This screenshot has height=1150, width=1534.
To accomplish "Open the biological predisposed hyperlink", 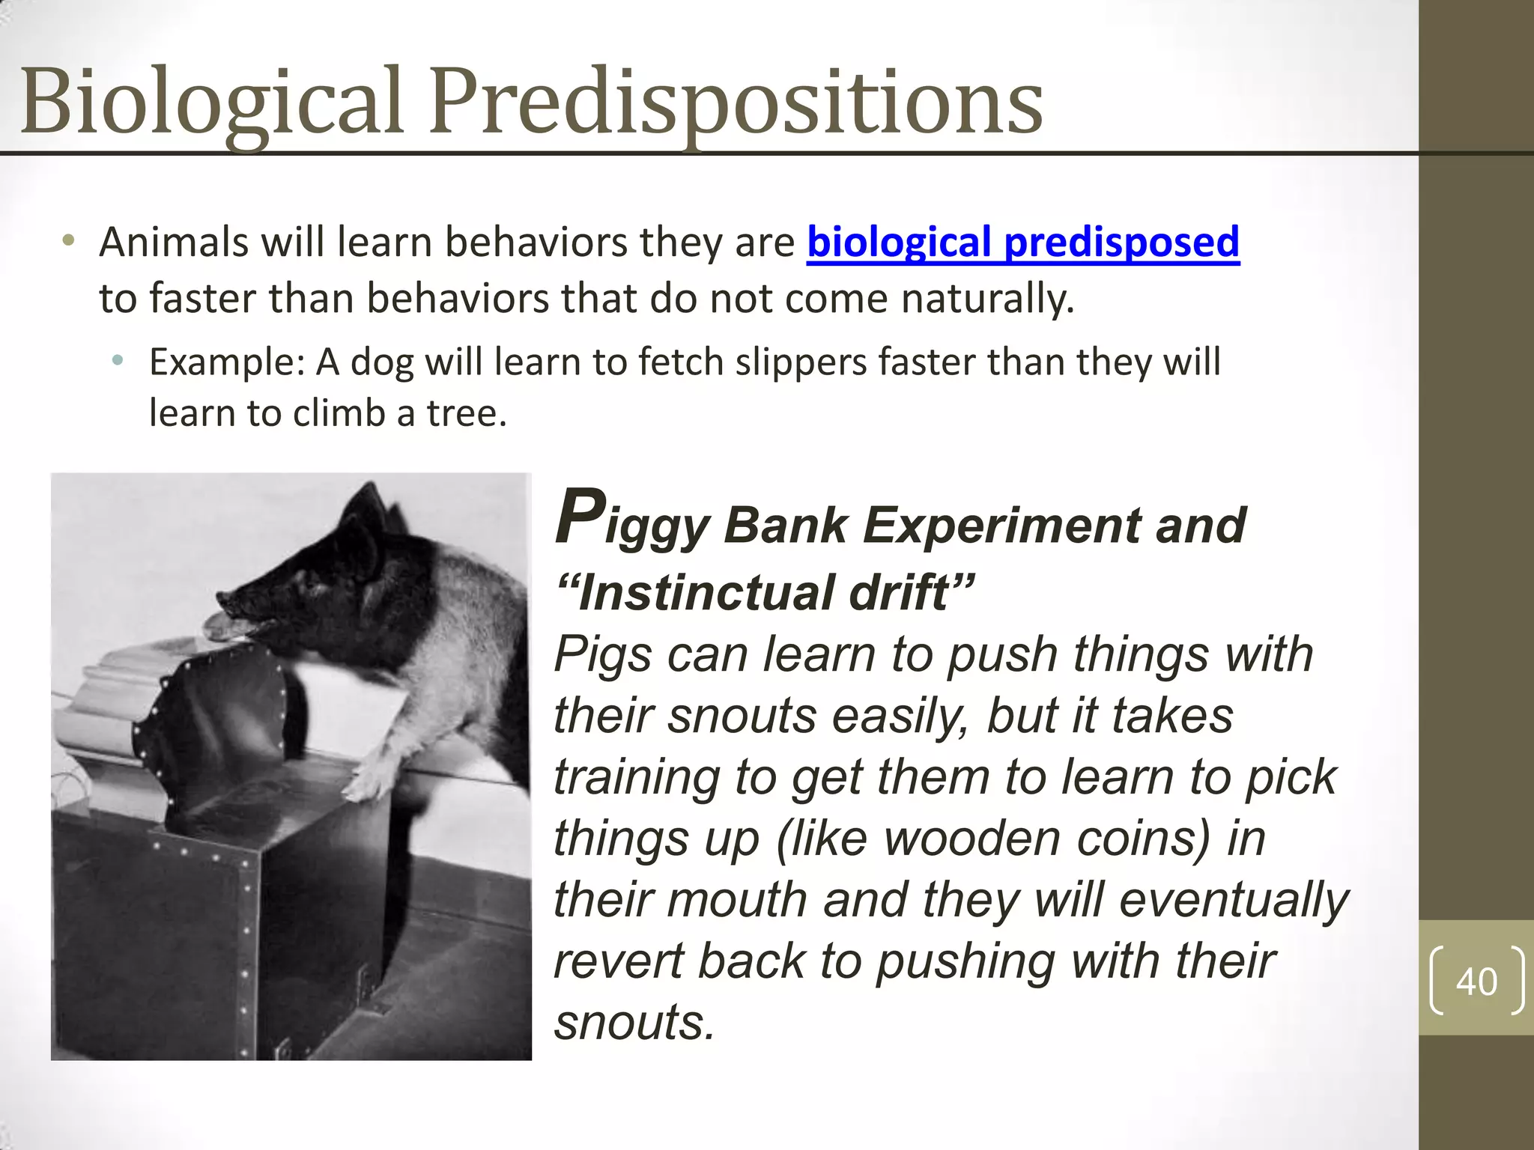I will click(1022, 243).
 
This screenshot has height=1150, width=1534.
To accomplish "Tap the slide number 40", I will click(1476, 981).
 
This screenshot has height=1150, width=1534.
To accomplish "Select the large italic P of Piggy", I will click(580, 517).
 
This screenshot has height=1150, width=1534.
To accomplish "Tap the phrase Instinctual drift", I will click(764, 593).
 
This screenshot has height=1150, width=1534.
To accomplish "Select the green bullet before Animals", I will click(68, 241).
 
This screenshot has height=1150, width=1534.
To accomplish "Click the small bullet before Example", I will click(117, 362).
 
